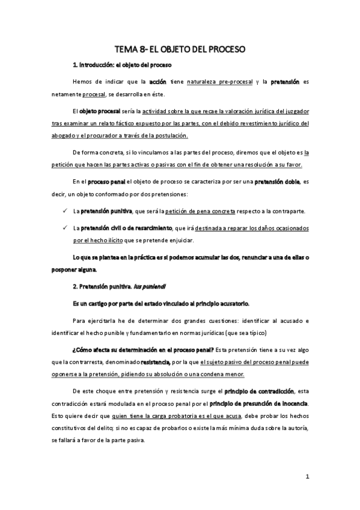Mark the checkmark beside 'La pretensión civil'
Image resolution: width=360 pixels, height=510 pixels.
65,229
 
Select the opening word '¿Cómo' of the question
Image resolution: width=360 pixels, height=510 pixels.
82,349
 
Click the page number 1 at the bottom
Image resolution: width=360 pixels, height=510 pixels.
307,478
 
